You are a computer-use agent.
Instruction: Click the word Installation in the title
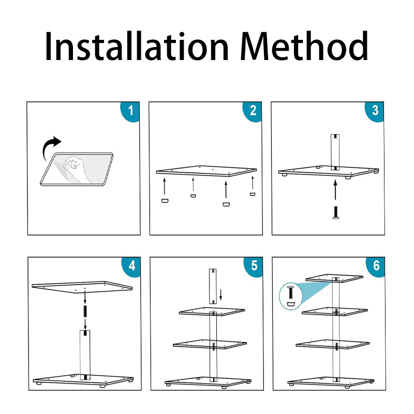pos(137,46)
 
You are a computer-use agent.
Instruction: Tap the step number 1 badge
pos(130,111)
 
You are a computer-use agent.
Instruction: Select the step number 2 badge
pos(253,111)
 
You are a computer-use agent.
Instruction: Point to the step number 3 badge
pos(375,111)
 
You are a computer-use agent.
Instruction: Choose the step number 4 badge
pos(131,267)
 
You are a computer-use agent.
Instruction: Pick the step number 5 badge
pos(254,267)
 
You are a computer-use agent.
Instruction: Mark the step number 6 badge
pos(376,267)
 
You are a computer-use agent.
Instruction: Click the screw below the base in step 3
pos(335,213)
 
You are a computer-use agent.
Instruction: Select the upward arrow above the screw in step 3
pos(335,189)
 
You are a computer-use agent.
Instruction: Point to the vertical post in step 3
pos(335,152)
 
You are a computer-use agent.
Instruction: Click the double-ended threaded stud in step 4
pos(85,311)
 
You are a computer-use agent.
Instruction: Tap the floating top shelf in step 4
pos(82,287)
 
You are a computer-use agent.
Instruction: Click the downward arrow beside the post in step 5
pos(220,295)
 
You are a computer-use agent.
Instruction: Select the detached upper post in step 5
pos(213,286)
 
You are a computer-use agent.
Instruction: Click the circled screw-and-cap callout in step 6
pos(290,296)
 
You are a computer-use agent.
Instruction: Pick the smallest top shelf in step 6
pos(334,278)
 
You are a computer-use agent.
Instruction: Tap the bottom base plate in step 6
pos(331,382)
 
